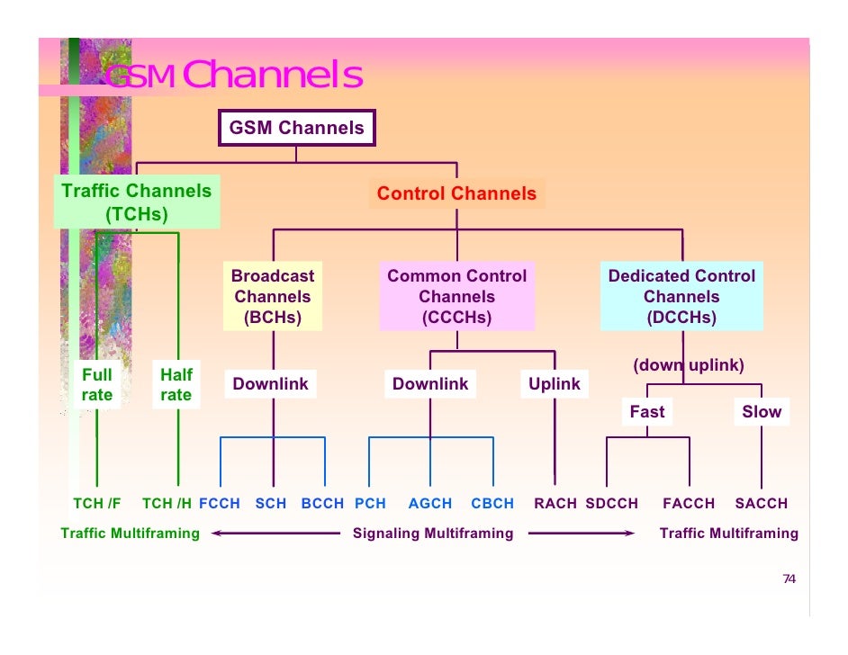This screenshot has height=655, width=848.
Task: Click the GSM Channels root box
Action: point(296,128)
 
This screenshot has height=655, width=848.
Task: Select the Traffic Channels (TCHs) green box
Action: point(136,202)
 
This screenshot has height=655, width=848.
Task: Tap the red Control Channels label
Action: point(456,193)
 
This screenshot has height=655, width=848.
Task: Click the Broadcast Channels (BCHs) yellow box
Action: point(272,297)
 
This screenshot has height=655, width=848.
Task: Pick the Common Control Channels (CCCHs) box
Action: point(456,297)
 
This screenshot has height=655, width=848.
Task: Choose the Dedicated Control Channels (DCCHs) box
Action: point(681,297)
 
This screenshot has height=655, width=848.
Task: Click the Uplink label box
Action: point(555,384)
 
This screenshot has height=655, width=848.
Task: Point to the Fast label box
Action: point(647,412)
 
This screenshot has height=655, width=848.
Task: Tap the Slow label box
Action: point(762,412)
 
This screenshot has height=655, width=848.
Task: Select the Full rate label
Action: point(97,385)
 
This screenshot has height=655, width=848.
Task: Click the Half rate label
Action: point(176,385)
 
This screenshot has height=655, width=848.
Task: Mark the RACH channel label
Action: point(555,504)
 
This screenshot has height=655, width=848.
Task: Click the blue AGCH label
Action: point(430,504)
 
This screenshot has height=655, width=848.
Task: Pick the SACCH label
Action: point(762,504)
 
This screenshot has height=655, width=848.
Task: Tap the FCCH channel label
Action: point(220,504)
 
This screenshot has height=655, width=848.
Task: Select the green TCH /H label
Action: point(167,504)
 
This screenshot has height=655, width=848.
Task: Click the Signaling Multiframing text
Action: point(433,534)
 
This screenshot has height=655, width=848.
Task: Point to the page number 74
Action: point(789,579)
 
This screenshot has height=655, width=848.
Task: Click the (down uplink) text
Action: point(689,365)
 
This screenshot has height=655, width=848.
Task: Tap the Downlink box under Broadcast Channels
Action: point(270,384)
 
